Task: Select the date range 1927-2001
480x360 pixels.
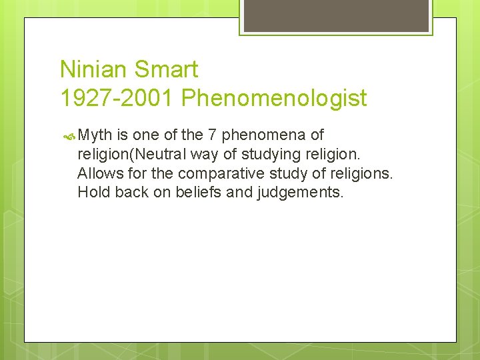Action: tap(117, 99)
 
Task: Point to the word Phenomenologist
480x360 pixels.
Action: tap(274, 99)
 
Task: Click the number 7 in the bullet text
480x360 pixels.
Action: tap(211, 135)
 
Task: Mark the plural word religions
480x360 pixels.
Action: tap(365, 174)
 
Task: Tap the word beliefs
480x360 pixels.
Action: tap(197, 193)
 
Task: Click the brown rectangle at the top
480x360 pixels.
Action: tap(336, 15)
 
